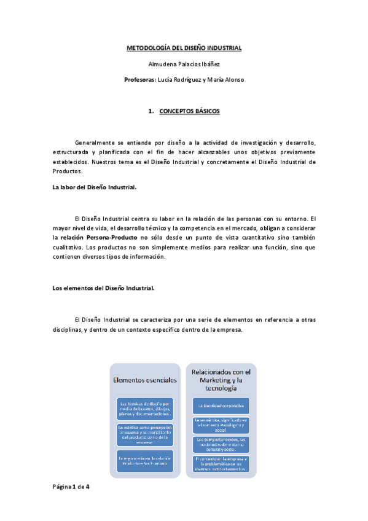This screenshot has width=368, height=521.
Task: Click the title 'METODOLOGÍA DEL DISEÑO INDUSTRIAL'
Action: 184,47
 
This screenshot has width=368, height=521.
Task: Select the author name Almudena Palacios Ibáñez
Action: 184,63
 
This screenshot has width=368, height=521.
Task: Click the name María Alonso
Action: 226,79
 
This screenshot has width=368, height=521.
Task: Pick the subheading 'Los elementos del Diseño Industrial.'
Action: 103,288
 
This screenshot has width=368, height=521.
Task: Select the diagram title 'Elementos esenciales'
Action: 145,380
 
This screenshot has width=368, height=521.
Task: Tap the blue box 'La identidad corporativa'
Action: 221,406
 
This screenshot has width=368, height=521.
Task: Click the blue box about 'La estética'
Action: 145,433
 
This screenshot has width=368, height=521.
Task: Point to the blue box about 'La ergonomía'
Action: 145,459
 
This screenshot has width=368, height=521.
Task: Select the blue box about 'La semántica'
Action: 221,424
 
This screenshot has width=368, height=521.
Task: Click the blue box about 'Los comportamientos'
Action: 221,444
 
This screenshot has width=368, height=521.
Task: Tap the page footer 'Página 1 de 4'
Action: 71,487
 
